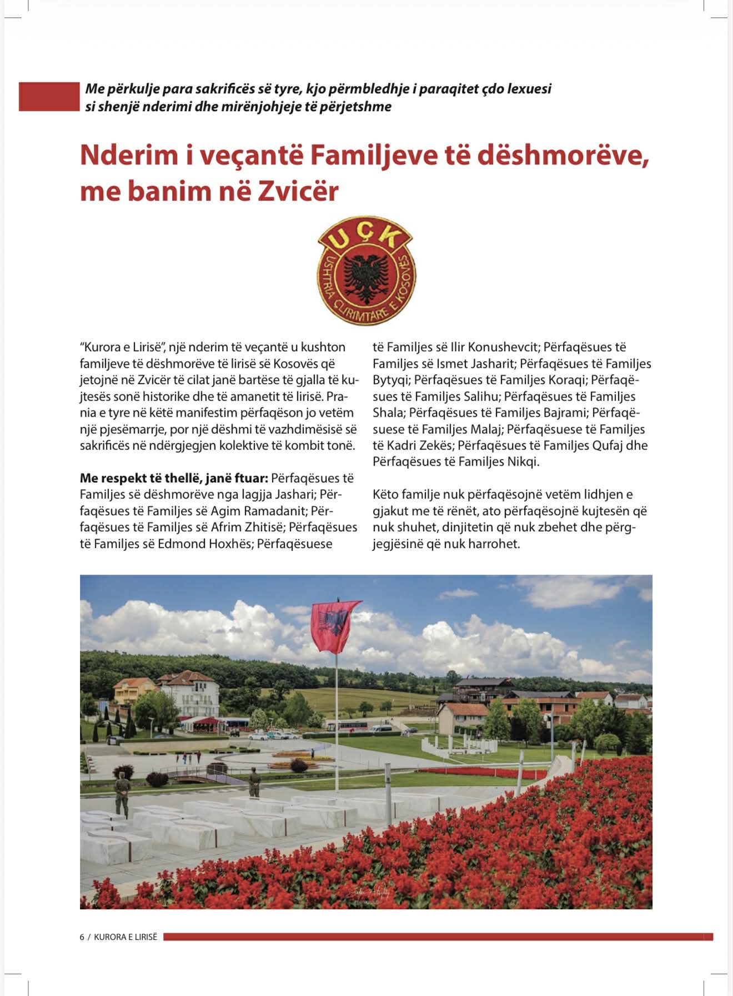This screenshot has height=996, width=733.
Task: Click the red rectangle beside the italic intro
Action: point(49,97)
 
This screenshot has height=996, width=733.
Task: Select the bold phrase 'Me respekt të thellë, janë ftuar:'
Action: point(174,478)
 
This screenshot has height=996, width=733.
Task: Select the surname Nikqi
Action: point(523,461)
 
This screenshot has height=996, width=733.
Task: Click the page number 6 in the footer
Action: point(82,937)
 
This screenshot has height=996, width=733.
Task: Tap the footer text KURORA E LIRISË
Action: point(125,937)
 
